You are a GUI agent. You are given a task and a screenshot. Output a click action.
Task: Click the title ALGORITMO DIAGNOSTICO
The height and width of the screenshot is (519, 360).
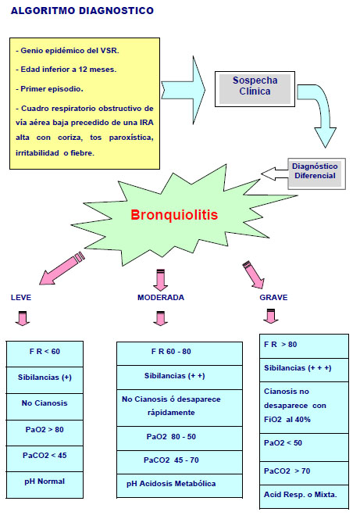82,11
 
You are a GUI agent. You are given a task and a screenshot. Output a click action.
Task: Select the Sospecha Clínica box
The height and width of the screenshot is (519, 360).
255,88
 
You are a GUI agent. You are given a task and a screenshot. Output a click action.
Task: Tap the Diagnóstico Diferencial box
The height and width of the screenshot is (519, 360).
316,174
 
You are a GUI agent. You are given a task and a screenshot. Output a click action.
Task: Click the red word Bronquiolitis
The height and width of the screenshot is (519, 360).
174,214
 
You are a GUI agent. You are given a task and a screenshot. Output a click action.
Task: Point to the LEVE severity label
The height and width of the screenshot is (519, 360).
21,297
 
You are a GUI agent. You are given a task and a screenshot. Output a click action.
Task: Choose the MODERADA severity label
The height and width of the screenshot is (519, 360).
161,297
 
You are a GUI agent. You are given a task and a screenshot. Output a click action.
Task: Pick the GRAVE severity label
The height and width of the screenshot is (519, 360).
273,297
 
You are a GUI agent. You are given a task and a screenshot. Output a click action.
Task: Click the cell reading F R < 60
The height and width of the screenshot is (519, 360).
45,354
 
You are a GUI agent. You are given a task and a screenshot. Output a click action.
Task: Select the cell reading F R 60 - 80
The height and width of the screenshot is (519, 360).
180,354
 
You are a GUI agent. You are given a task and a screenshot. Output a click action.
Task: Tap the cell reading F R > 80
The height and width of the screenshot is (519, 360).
304,346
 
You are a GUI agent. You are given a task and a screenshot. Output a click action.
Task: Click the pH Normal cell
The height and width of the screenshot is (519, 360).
45,485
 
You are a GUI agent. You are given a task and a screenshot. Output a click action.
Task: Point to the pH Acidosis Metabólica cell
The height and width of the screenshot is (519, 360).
180,485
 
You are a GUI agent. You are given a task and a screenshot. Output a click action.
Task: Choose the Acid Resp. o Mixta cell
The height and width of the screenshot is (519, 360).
304,496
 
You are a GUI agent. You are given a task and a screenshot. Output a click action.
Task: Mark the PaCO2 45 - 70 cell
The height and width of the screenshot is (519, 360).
180,462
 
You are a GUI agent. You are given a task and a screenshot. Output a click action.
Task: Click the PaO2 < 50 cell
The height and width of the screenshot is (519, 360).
304,447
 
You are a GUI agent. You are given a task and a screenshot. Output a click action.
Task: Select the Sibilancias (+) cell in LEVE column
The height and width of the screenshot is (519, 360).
45,380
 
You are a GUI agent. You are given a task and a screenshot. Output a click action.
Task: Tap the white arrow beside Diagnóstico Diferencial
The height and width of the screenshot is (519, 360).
274,174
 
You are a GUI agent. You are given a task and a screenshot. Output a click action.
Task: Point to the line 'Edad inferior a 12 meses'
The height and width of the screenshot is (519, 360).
66,70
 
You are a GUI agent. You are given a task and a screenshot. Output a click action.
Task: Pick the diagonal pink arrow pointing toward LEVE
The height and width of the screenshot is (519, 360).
62,268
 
